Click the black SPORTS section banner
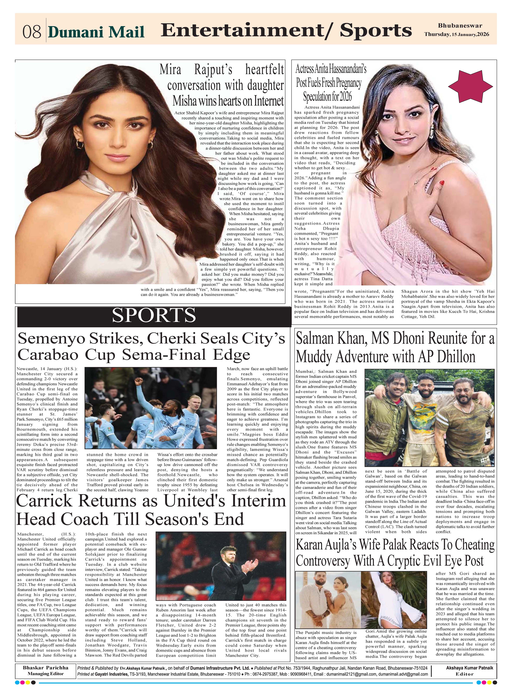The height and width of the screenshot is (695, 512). coord(154,316)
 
